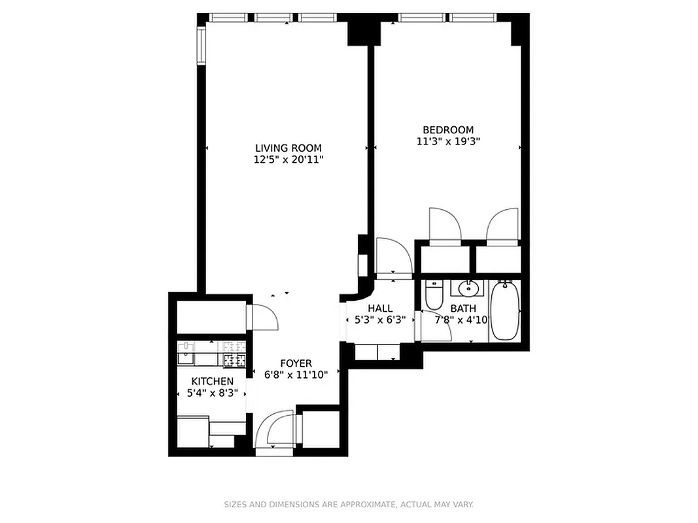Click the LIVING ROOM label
tap(288, 148)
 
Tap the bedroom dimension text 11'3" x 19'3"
tap(448, 141)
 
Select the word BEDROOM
tap(448, 130)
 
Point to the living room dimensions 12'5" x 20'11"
tap(288, 159)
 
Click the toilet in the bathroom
tap(434, 296)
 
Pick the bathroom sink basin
tap(468, 288)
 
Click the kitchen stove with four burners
tap(234, 359)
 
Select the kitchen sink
tap(185, 358)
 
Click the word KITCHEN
tap(212, 381)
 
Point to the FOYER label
tap(296, 363)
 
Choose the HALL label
tap(380, 309)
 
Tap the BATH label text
tap(463, 309)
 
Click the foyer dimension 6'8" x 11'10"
tap(296, 375)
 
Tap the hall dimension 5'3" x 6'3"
tap(380, 320)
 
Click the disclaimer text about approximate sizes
tap(349, 504)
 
